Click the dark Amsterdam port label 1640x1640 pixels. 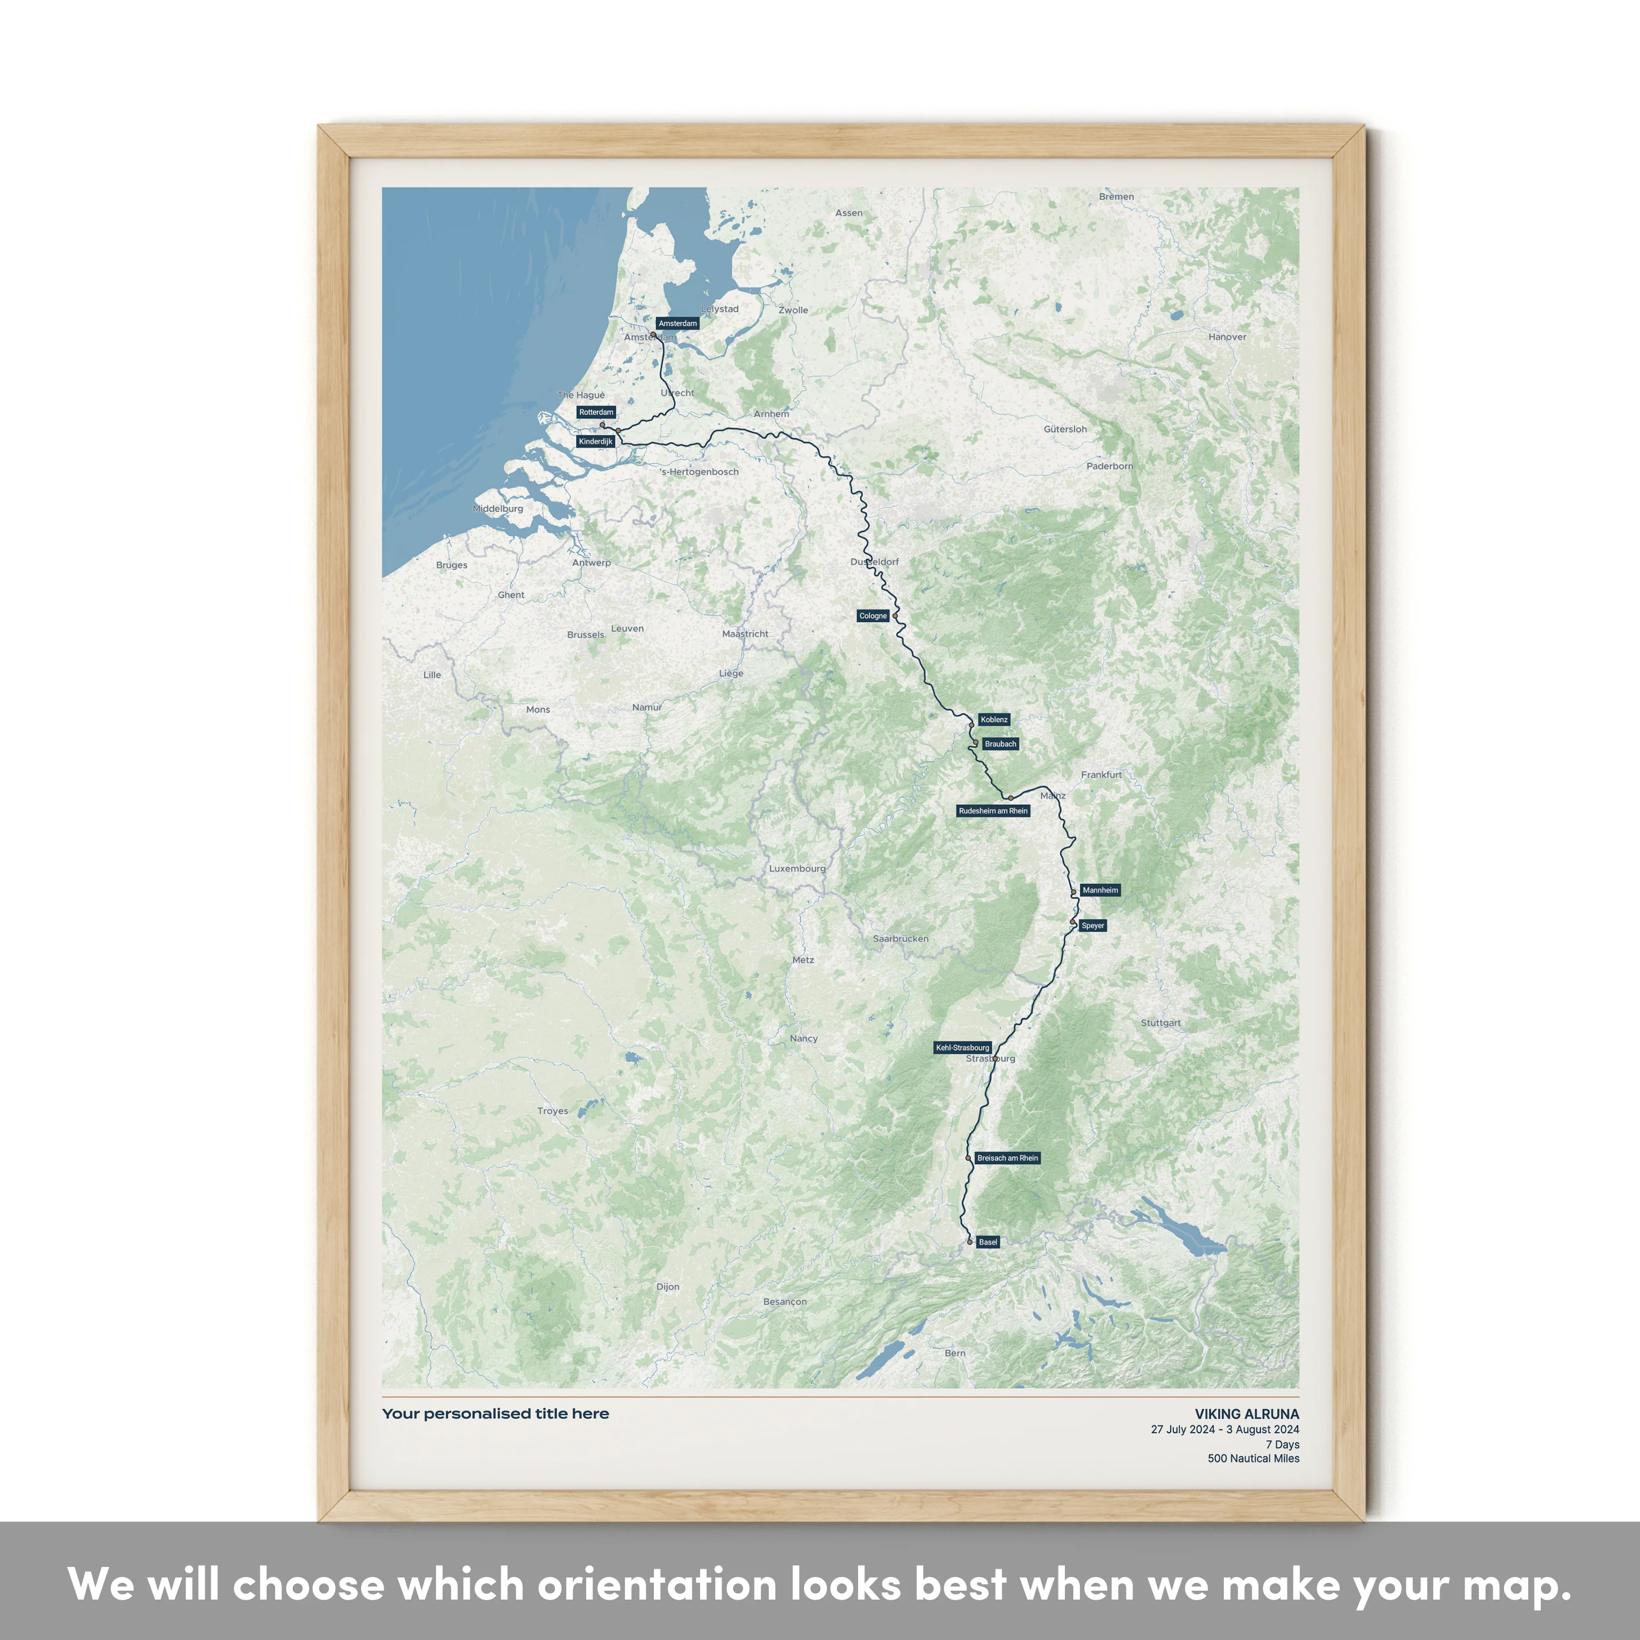(x=678, y=323)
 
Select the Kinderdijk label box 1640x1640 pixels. (x=595, y=441)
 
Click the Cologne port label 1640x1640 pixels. (x=873, y=616)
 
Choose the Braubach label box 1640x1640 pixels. (x=1000, y=744)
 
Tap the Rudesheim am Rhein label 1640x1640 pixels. (x=993, y=811)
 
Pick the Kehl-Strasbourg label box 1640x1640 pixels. (x=962, y=1048)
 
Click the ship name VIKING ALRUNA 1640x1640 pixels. (x=1246, y=1414)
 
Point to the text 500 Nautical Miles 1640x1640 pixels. (x=1253, y=1458)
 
